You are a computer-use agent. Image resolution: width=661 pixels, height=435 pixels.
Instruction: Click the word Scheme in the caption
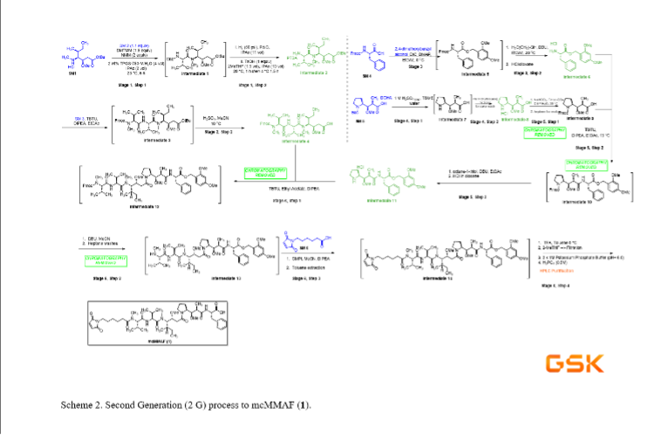click(78, 405)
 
